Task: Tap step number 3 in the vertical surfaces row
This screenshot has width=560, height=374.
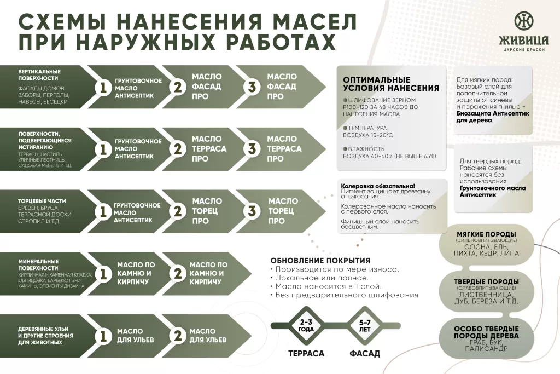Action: (x=252, y=87)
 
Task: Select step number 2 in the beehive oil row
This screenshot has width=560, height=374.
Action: (x=177, y=336)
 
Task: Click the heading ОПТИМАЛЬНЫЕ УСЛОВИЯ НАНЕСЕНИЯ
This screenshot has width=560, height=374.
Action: (x=390, y=84)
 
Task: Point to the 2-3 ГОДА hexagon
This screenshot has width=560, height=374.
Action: (x=306, y=326)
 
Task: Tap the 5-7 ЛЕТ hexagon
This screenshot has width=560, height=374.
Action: (x=365, y=326)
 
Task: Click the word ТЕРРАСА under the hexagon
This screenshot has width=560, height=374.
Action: (x=306, y=354)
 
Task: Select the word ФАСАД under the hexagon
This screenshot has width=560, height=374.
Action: (x=365, y=354)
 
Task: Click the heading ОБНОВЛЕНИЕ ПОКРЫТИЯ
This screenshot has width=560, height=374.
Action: (x=320, y=260)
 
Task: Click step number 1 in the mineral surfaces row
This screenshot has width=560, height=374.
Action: (x=102, y=273)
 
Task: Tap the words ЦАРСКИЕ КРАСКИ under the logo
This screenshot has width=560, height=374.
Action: (x=523, y=50)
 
